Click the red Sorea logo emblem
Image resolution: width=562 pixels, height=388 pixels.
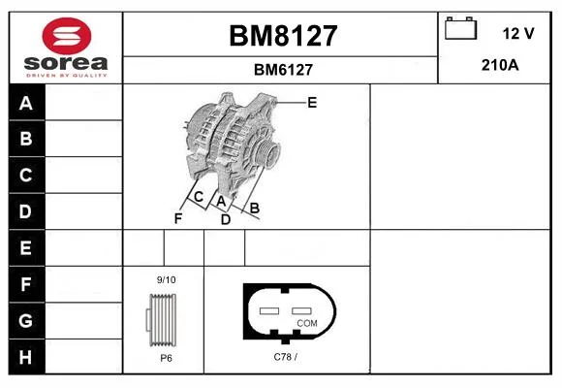[67, 36]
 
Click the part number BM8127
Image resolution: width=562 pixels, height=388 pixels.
[283, 36]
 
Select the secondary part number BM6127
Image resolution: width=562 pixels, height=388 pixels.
[283, 70]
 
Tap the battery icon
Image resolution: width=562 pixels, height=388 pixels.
[460, 28]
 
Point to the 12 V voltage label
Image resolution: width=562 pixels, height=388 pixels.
[518, 33]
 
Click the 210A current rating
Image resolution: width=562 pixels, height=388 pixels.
[500, 65]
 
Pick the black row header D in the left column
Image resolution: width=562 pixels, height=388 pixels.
[27, 211]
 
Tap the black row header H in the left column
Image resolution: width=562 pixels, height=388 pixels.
[27, 357]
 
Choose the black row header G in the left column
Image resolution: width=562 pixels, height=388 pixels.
[27, 320]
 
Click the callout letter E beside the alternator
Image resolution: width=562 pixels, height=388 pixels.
[312, 103]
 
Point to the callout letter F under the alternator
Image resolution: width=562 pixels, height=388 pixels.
[178, 218]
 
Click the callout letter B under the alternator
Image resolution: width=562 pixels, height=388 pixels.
[255, 208]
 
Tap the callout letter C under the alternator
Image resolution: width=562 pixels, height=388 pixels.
[199, 197]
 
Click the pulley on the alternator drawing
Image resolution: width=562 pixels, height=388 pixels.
[268, 153]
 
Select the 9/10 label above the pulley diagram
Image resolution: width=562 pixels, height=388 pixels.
[167, 279]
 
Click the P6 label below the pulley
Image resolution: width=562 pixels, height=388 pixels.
[166, 358]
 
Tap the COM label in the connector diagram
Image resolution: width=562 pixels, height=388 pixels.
[307, 323]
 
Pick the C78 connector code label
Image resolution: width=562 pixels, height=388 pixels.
[285, 357]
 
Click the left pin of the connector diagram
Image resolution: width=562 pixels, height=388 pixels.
[269, 310]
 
